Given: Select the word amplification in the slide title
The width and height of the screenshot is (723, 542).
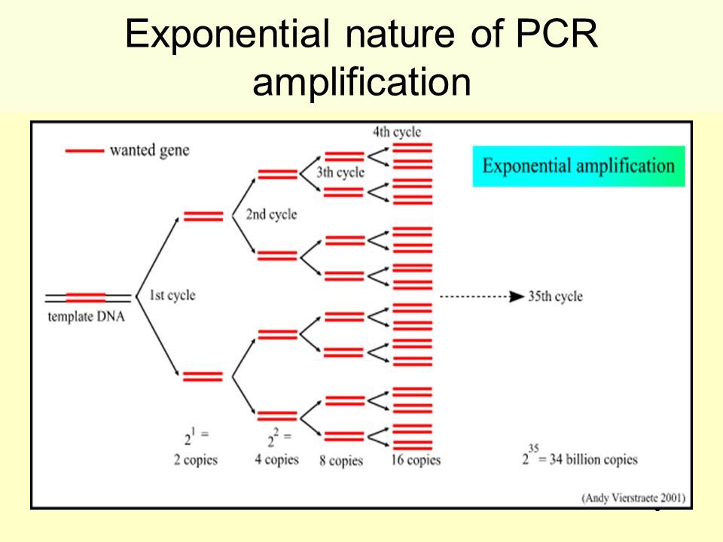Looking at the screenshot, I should [x=361, y=83].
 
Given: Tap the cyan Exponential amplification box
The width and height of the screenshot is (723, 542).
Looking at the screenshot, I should [x=578, y=166].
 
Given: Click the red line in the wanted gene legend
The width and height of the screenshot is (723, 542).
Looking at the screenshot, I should [x=84, y=151].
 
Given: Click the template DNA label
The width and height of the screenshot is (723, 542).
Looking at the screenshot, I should [x=86, y=316].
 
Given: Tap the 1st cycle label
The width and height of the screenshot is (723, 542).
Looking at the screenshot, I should [x=172, y=295].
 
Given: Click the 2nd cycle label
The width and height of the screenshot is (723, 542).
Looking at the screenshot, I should [x=271, y=215].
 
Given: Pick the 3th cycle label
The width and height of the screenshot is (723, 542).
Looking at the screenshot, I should [x=340, y=172].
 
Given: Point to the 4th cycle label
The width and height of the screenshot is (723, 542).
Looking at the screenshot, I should [x=396, y=132].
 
